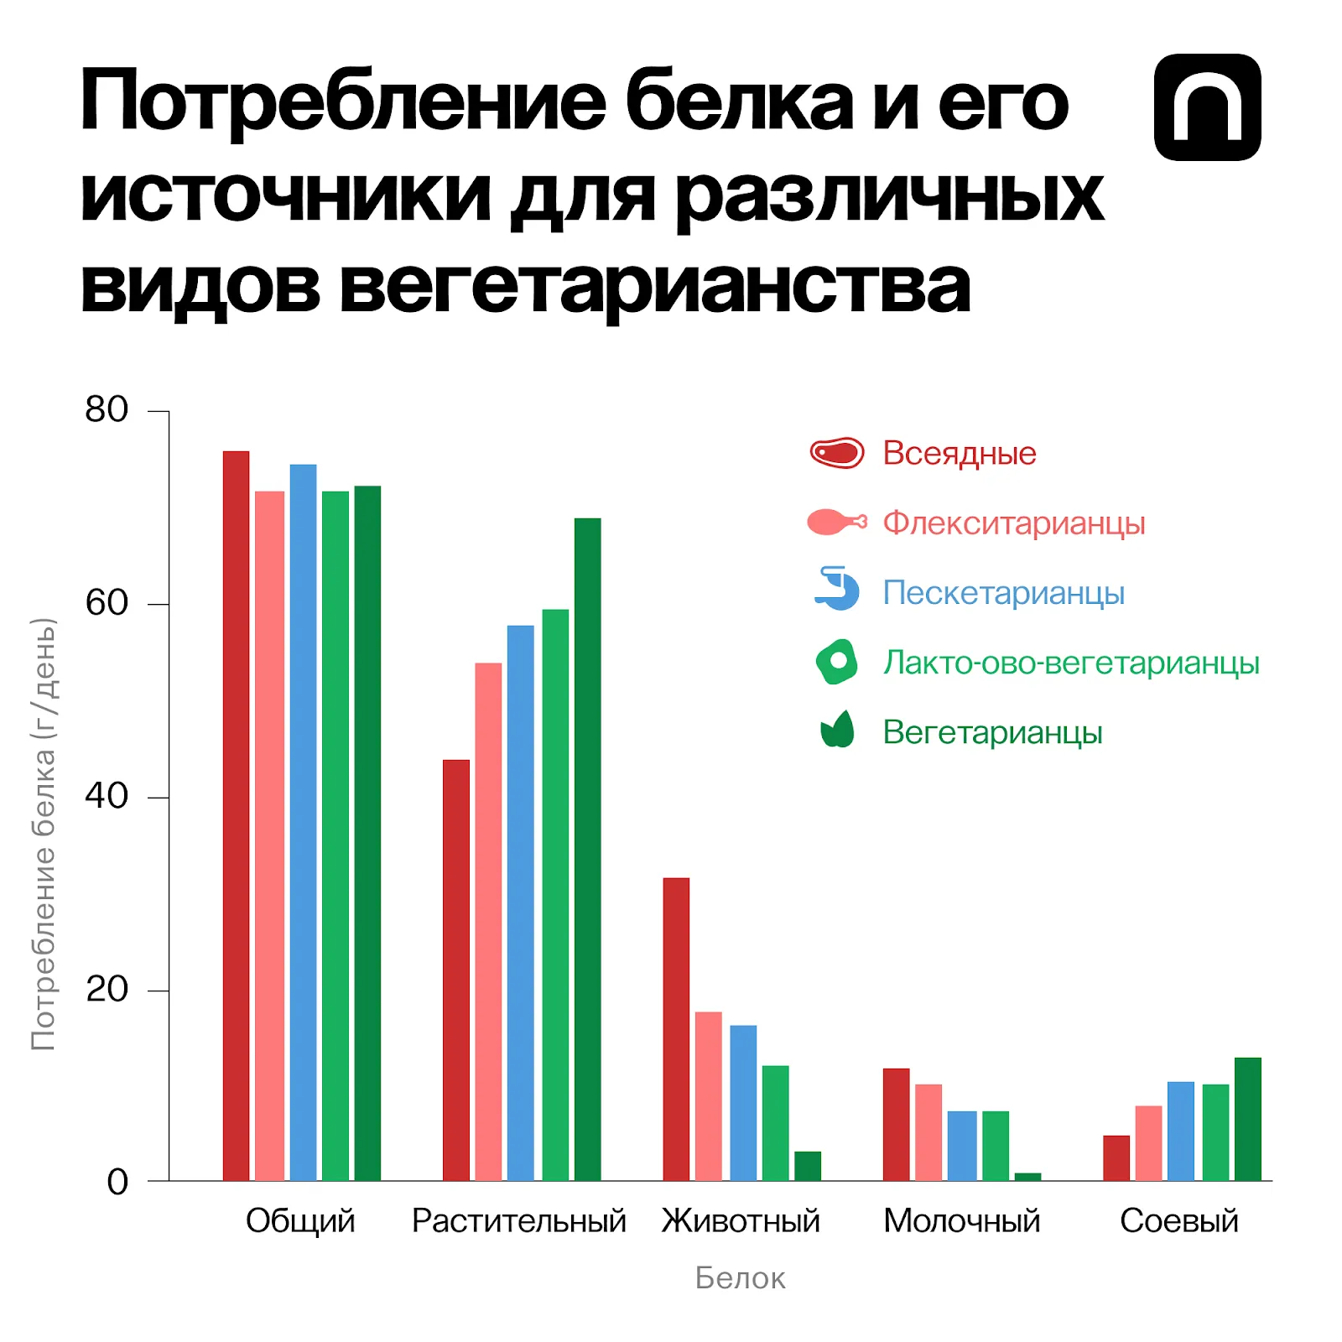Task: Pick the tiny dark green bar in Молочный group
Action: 1027,1176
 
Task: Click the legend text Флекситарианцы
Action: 1013,523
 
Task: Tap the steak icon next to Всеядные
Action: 836,453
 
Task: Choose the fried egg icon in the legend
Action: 836,662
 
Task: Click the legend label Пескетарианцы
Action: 1003,593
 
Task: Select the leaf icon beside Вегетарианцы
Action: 836,730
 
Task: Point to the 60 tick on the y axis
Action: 107,603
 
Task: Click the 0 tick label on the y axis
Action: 117,1182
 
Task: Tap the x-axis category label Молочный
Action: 961,1221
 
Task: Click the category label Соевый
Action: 1178,1221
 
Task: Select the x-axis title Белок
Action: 740,1278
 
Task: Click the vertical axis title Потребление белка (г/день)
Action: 44,835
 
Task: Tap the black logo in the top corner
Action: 1207,107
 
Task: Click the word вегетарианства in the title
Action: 654,287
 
